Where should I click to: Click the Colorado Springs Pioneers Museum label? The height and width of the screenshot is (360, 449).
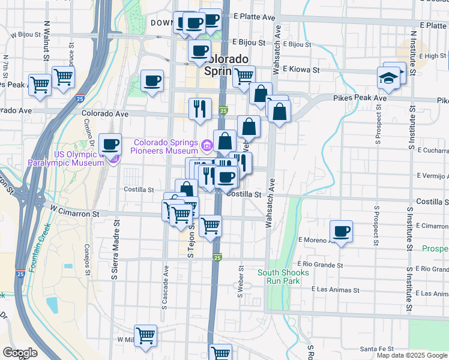[166, 146]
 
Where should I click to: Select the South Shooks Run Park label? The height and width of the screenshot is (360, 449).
[283, 277]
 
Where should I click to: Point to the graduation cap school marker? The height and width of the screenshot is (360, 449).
[389, 79]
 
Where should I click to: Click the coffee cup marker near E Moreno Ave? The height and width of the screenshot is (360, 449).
[342, 232]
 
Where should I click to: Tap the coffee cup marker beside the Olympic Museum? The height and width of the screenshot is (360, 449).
[110, 145]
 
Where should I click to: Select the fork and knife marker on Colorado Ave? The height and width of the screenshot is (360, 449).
[200, 109]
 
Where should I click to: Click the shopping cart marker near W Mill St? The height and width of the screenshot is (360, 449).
[145, 336]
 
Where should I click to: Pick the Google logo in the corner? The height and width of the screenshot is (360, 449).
[20, 353]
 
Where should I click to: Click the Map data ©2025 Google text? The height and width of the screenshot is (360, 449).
[412, 355]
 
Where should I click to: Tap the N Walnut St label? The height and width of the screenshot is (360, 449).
[47, 42]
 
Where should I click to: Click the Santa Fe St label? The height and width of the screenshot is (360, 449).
[376, 349]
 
